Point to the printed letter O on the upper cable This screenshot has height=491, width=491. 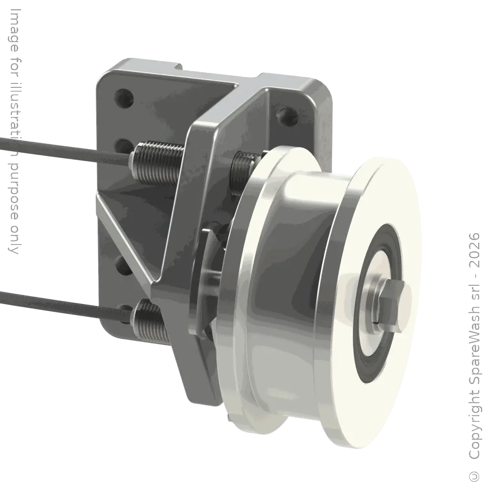(14, 145)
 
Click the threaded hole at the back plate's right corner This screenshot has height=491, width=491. (286, 116)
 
